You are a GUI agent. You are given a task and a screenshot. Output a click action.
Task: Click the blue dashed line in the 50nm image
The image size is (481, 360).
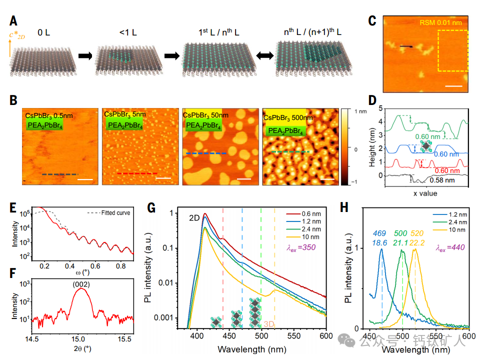click(206, 153)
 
